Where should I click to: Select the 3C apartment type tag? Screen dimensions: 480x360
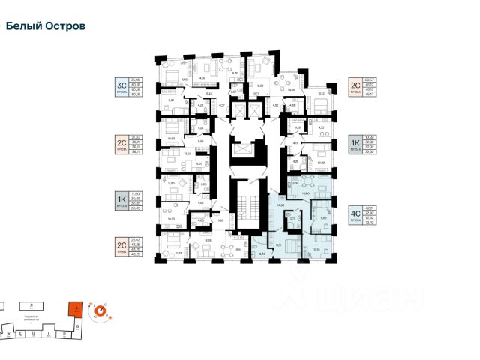point(120,86)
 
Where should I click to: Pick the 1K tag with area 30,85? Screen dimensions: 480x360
point(120,199)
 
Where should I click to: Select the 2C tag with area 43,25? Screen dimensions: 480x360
point(120,245)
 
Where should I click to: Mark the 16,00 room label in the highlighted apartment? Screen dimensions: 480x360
point(305,193)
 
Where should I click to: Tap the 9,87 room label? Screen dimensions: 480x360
point(171,100)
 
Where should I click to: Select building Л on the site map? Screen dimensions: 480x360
point(30,306)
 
